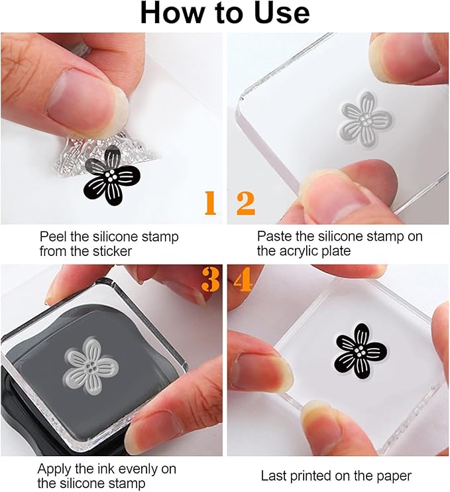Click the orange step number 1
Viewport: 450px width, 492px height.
(210, 204)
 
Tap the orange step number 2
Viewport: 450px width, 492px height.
(245, 204)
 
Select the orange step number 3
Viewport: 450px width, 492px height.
(210, 280)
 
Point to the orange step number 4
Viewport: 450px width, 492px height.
(243, 280)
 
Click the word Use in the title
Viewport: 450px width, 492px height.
(279, 13)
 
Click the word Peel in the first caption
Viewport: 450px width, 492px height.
(53, 237)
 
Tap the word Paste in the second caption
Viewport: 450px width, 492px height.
(274, 237)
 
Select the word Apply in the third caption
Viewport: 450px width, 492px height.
(54, 469)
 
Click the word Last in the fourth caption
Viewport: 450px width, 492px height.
(274, 476)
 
